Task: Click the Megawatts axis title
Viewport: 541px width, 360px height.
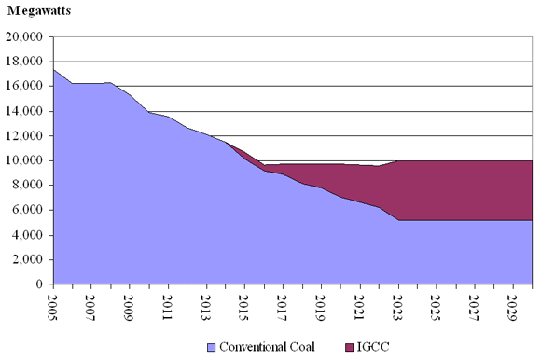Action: [x=41, y=10]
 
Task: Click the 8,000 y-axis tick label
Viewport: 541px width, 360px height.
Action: [x=29, y=186]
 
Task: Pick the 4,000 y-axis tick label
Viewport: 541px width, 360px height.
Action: [x=29, y=235]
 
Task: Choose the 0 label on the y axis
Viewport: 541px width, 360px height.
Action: [x=42, y=284]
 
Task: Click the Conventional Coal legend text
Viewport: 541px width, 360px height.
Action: [x=266, y=347]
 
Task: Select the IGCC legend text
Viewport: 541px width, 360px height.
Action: [x=374, y=347]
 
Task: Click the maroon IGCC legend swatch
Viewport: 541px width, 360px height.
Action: [x=348, y=347]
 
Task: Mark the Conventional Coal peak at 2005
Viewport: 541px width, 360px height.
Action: [x=54, y=70]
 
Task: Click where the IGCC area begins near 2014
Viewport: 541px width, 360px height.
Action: [x=226, y=143]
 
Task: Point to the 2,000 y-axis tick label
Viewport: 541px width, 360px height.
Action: [x=29, y=259]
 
